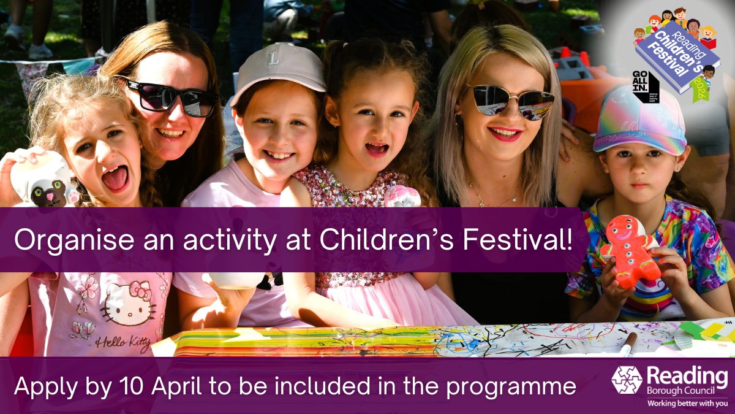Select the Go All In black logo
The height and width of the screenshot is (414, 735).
646,85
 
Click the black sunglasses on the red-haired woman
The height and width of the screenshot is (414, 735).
171,96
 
